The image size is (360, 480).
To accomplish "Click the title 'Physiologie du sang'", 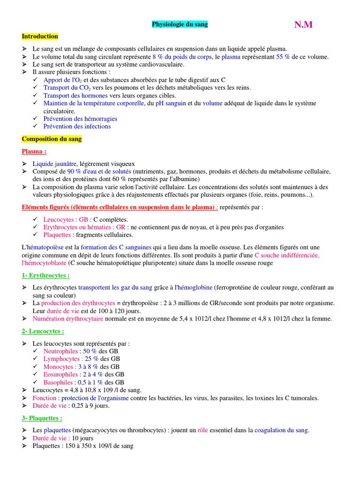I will click(x=180, y=24).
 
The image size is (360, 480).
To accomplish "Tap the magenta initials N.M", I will click(x=303, y=25).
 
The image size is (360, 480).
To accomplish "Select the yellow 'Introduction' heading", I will click(x=40, y=37).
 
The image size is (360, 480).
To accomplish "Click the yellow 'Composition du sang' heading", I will click(x=52, y=139).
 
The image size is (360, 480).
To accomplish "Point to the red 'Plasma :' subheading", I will click(x=34, y=152).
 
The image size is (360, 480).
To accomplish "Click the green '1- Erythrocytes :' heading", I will click(x=45, y=276).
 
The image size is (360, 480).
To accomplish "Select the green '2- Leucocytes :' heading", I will click(x=43, y=331).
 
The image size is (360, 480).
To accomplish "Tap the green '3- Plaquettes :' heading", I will click(x=42, y=418).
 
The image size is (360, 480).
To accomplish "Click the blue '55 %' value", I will click(x=283, y=57).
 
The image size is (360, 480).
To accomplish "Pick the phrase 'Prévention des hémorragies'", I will click(x=80, y=119).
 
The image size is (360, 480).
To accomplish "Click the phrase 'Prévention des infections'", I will click(x=77, y=127).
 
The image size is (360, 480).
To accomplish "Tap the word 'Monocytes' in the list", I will click(x=58, y=367).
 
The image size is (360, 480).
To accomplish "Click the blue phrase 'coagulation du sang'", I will click(x=281, y=430).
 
